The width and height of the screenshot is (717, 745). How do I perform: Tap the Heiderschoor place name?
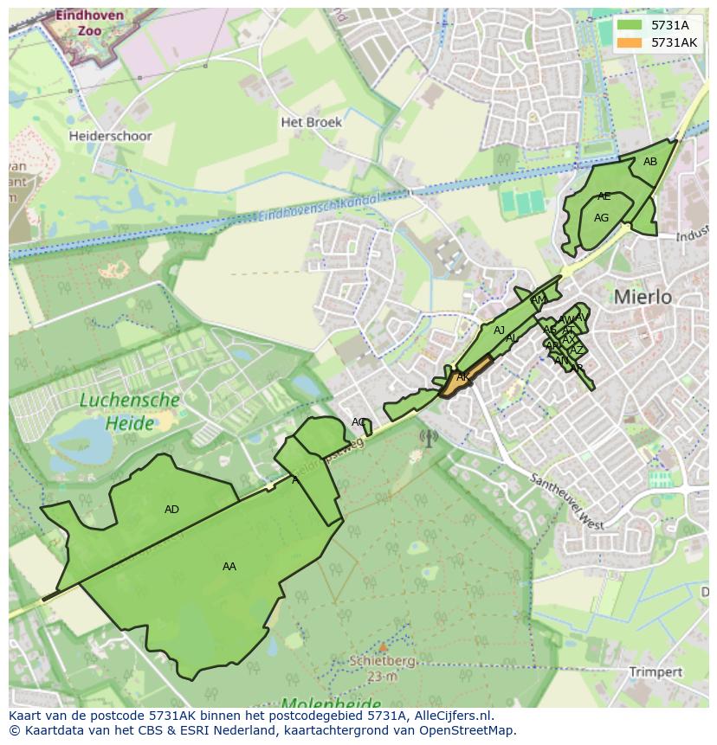click(110, 136)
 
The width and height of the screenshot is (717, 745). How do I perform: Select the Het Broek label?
click(311, 122)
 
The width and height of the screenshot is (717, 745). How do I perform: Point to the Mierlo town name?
click(643, 297)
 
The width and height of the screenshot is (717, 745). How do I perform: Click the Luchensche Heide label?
click(130, 412)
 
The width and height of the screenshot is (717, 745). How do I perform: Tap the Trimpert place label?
click(656, 671)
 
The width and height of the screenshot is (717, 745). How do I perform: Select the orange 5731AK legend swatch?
click(630, 42)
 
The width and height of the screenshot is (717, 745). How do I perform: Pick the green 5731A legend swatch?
click(630, 25)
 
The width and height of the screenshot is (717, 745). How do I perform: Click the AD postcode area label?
click(171, 510)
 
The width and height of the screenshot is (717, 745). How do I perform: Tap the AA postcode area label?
click(229, 567)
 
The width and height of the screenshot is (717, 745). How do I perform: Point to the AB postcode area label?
click(649, 162)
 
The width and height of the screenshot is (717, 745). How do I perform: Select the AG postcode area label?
click(601, 218)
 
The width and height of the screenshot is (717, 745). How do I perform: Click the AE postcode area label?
click(604, 196)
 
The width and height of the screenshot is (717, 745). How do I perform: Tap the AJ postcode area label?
click(499, 331)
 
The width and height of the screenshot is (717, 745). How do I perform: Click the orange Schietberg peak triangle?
click(382, 646)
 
